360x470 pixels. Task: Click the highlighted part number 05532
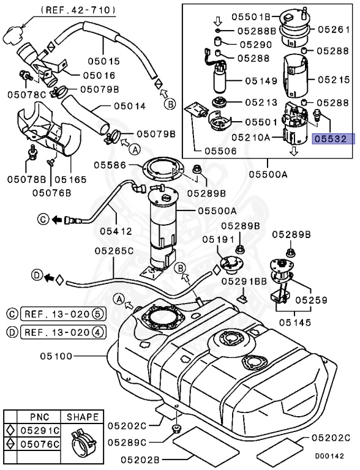[331, 139]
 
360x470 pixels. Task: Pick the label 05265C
[114, 251]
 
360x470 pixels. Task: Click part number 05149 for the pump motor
[261, 80]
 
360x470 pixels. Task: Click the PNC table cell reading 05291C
[42, 430]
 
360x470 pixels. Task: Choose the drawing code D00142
[325, 456]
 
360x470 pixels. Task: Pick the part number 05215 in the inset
[335, 80]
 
